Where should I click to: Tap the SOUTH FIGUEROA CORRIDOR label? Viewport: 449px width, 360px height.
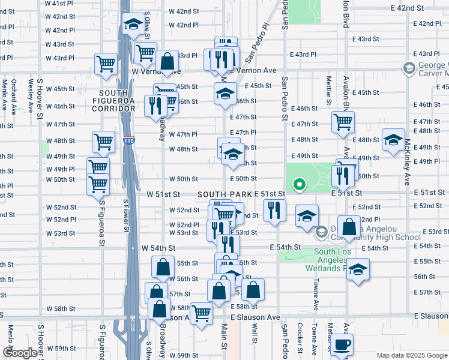click(x=114, y=100)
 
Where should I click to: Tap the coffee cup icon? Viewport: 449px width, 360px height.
click(x=342, y=344)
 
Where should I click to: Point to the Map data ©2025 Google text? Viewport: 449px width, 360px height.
click(x=412, y=355)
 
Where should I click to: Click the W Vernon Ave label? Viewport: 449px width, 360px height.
click(x=156, y=71)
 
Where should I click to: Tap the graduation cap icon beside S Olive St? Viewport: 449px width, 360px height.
click(x=133, y=25)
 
